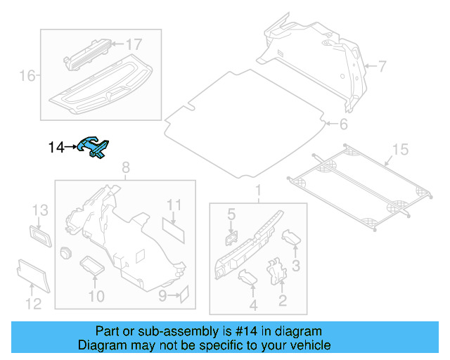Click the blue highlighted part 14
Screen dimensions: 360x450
pos(95,147)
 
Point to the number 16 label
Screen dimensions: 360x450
pos(27,75)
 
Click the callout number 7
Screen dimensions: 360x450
pos(382,67)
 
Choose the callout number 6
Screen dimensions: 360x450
pos(343,125)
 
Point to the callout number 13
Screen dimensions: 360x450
pos(40,210)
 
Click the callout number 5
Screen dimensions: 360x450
pos(230,212)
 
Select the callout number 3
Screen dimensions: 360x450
pos(296,266)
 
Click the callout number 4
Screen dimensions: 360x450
pos(252,305)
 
